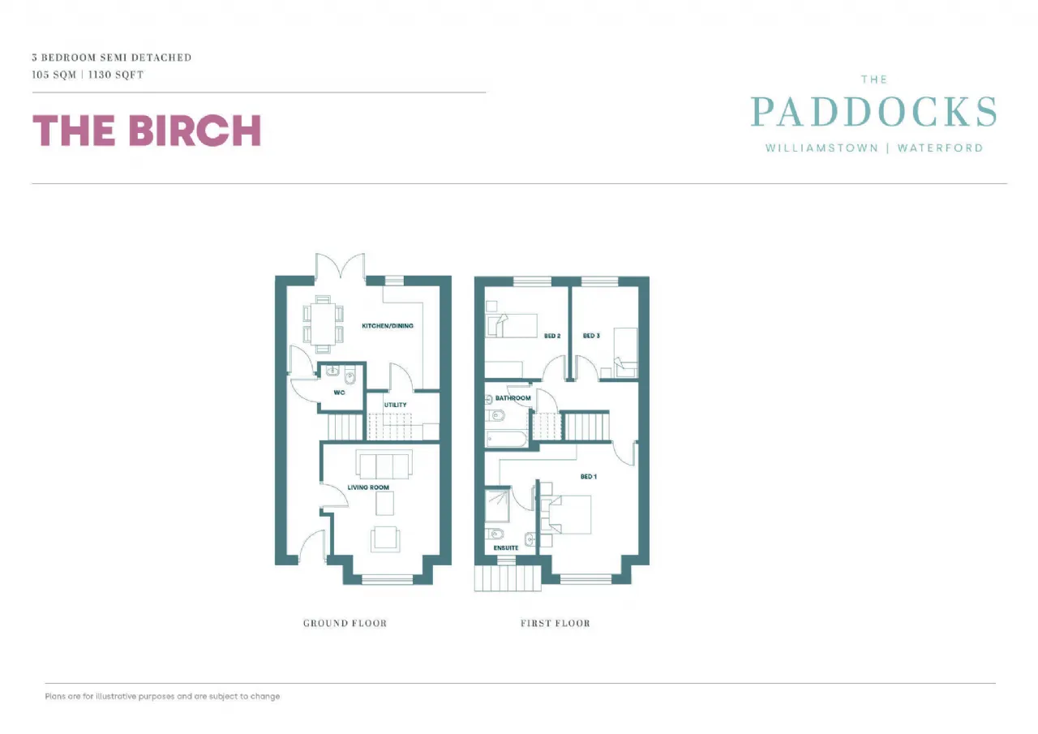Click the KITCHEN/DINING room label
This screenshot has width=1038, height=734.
pos(387,326)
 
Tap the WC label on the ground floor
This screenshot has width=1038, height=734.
pos(339,393)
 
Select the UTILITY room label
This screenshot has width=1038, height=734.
pos(396,405)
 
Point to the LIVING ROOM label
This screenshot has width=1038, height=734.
pos(368,487)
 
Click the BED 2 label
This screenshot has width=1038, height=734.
pos(552,336)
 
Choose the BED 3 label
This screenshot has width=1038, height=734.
pos(591,336)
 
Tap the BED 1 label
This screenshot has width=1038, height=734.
pos(588,477)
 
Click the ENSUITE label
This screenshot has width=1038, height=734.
pos(506,548)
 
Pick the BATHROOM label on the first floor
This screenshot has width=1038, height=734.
pos(513,398)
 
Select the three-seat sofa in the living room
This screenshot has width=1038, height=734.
pos(384,465)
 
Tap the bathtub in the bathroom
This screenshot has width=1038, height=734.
pos(507,439)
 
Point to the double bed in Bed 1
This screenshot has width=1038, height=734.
pos(565,514)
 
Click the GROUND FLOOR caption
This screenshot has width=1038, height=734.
pos(345,623)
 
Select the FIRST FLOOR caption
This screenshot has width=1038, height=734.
pos(555,623)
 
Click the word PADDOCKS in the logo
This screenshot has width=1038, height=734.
pos(873,113)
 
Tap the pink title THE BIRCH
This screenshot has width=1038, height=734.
pos(147,131)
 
